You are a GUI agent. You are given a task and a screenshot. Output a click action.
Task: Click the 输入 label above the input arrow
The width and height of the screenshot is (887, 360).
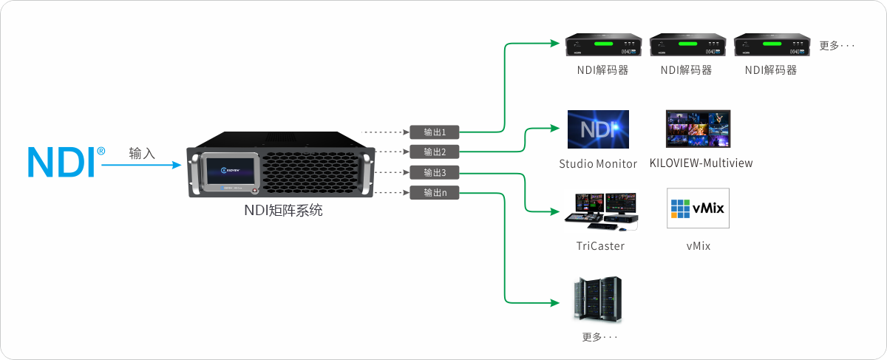tap(142, 153)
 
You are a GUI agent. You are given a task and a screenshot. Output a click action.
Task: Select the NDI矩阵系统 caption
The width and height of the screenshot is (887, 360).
tap(284, 210)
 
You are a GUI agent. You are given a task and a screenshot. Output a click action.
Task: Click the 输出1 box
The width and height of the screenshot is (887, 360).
tap(434, 132)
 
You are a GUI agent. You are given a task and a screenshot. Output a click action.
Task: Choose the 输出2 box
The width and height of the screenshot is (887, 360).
tap(434, 152)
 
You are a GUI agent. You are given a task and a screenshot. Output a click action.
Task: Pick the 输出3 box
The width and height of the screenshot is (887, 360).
tap(434, 173)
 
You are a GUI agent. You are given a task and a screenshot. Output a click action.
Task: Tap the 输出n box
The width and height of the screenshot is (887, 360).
tap(434, 193)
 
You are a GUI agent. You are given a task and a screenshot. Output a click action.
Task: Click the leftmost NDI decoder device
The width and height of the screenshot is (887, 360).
tap(602, 46)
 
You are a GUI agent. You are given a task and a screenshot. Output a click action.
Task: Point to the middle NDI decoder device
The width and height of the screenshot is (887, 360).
tap(685, 46)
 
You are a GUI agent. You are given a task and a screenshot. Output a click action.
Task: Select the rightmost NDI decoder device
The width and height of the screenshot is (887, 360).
tap(769, 46)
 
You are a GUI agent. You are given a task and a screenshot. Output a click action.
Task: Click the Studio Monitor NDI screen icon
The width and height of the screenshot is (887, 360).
tap(597, 129)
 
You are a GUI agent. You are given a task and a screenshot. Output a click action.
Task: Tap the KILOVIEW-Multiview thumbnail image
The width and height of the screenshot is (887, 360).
tap(698, 129)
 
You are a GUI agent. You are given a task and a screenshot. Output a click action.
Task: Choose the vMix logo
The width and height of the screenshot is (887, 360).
tap(697, 210)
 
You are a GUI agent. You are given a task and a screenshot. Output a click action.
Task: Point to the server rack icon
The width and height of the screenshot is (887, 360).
tap(598, 299)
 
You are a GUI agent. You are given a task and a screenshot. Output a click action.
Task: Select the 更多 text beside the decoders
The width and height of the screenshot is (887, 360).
tap(837, 46)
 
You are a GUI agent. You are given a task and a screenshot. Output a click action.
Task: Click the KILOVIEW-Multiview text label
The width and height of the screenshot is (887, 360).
tap(701, 163)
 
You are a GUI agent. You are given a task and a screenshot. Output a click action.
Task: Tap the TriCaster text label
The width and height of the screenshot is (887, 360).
tap(600, 245)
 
